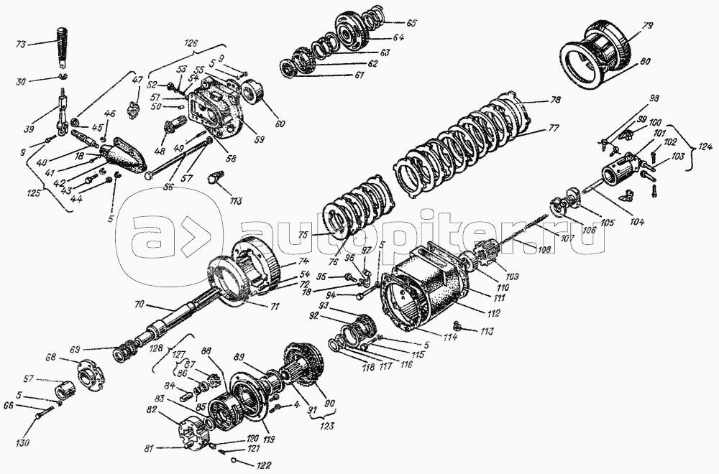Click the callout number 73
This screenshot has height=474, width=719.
pyautogui.click(x=21, y=43)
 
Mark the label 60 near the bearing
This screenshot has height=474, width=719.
pyautogui.click(x=279, y=124)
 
